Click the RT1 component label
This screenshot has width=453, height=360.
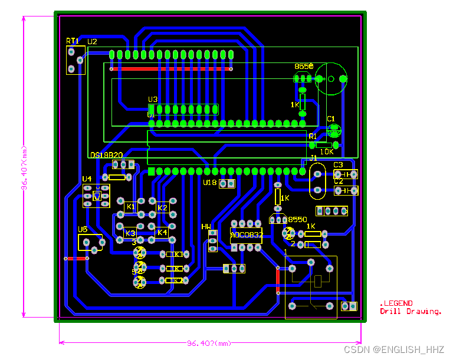click(x=72, y=41)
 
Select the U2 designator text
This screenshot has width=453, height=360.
click(x=92, y=42)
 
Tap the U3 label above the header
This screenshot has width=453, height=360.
click(x=153, y=100)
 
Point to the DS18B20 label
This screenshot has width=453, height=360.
click(x=106, y=155)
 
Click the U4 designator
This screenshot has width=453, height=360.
click(x=87, y=179)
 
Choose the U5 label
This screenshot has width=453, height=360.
click(x=83, y=229)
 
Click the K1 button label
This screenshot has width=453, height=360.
click(x=131, y=207)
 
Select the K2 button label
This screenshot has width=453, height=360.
click(x=162, y=207)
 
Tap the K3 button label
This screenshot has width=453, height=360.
click(x=130, y=233)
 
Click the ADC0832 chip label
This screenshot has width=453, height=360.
click(x=246, y=235)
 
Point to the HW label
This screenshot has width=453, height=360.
click(x=206, y=226)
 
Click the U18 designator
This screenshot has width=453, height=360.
click(x=210, y=183)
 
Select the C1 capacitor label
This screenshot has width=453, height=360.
click(x=331, y=119)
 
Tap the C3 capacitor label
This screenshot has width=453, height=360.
click(x=338, y=165)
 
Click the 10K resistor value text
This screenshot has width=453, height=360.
click(x=326, y=151)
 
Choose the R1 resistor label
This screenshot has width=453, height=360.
click(x=313, y=136)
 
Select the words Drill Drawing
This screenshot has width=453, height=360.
click(x=411, y=311)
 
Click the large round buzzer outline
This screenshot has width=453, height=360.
click(x=330, y=78)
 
